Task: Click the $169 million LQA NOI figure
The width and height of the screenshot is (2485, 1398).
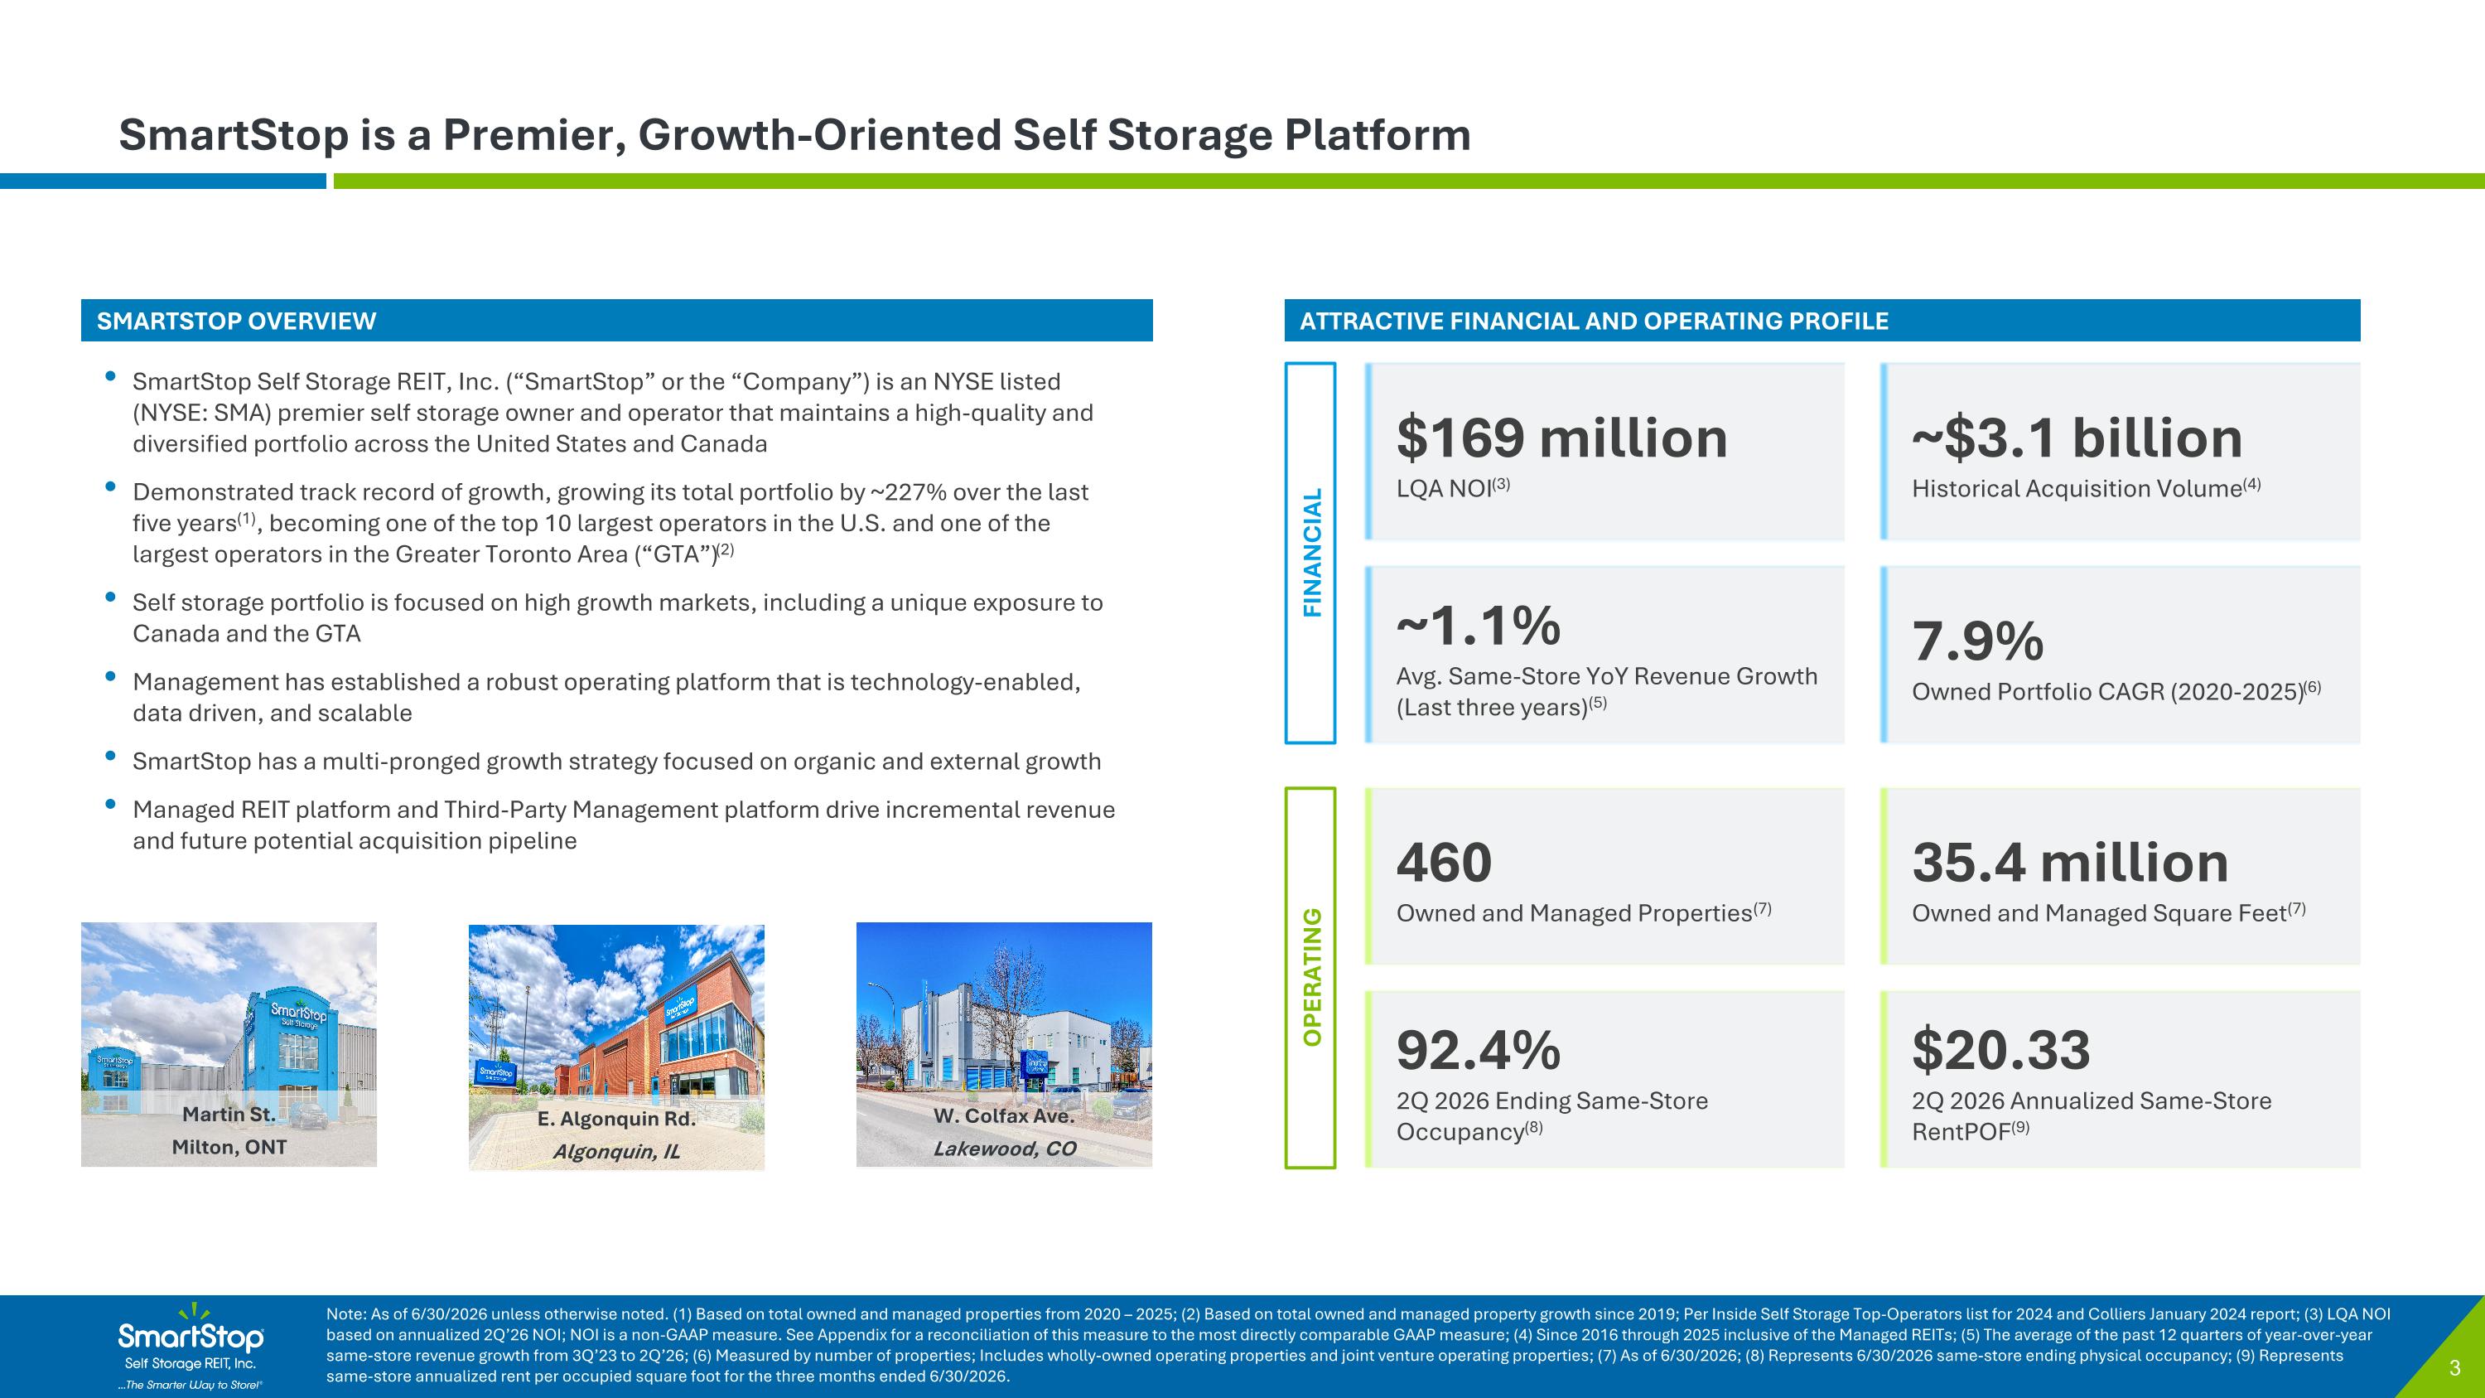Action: tap(1561, 439)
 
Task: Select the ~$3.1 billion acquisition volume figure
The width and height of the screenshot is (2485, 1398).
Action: tap(2077, 439)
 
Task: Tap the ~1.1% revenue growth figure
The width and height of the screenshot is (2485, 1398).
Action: tap(1478, 626)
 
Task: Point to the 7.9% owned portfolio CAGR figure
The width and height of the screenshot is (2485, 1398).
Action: tap(1977, 641)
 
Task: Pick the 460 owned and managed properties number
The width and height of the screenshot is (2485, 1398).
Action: tap(1444, 863)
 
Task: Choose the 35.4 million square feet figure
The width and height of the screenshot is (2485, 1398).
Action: tap(2070, 863)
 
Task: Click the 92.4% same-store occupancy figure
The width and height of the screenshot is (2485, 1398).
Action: tap(1478, 1051)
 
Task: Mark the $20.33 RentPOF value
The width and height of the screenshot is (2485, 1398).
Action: tap(2000, 1051)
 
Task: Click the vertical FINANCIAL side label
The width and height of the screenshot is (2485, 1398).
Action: tap(1312, 553)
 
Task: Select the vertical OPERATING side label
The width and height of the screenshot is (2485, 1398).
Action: tap(1312, 977)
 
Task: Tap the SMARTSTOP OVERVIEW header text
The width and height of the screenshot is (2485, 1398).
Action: tap(236, 322)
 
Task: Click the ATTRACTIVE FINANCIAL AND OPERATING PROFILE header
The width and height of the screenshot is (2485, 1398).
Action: tap(1594, 322)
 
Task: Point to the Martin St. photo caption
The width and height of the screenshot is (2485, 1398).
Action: tap(229, 1115)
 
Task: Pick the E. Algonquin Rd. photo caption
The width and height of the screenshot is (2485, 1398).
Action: tap(616, 1120)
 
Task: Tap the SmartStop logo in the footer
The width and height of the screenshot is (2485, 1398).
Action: tap(191, 1346)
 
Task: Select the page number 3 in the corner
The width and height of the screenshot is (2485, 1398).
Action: tap(2455, 1368)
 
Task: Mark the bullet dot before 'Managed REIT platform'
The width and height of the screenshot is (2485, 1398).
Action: tap(111, 804)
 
